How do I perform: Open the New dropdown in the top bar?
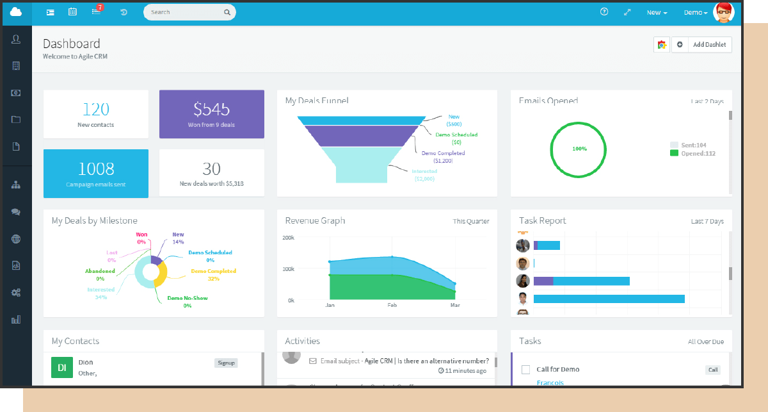[x=657, y=13]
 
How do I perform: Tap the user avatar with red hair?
[x=723, y=12]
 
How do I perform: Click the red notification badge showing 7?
[x=100, y=8]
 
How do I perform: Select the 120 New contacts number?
[x=96, y=109]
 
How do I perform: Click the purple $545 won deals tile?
[x=211, y=113]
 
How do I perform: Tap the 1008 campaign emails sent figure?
[x=96, y=169]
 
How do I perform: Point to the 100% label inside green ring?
[x=579, y=149]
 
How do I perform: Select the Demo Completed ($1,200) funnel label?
[x=443, y=156]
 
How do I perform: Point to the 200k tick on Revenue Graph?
[x=288, y=238]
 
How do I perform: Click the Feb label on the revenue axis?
[x=392, y=306]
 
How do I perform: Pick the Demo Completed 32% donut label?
[x=213, y=274]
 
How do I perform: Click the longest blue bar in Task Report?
[x=609, y=299]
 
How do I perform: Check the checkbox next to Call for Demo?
[x=525, y=370]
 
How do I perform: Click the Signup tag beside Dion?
[x=226, y=363]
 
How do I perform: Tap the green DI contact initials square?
[x=62, y=367]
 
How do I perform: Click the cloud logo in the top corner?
[x=16, y=12]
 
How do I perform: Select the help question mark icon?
[x=604, y=12]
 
